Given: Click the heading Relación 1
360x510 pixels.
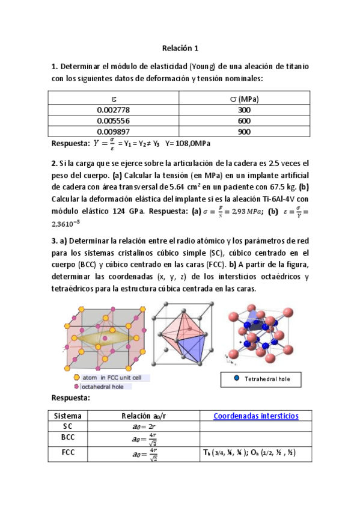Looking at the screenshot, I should pos(180,48).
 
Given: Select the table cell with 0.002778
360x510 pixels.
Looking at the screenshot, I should pos(113,110).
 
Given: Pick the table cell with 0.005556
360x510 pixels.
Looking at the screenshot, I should pos(113,121).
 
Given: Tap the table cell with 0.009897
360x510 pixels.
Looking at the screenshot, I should pos(113,132).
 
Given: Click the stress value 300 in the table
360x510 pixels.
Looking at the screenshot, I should pos(244,110).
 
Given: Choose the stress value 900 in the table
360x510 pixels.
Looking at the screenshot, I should pos(244,132).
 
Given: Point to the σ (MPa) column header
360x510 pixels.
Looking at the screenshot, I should pos(244,99).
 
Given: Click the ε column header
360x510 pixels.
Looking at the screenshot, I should pos(114,99).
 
